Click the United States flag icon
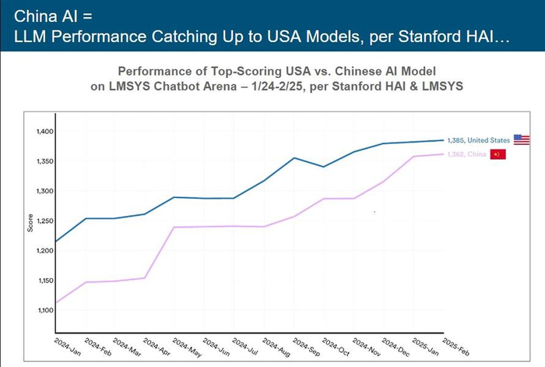point(521,139)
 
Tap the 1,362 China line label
point(466,154)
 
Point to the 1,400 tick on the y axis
point(43,131)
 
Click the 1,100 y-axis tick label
point(43,310)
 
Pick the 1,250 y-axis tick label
point(43,221)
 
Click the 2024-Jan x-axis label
point(66,344)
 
